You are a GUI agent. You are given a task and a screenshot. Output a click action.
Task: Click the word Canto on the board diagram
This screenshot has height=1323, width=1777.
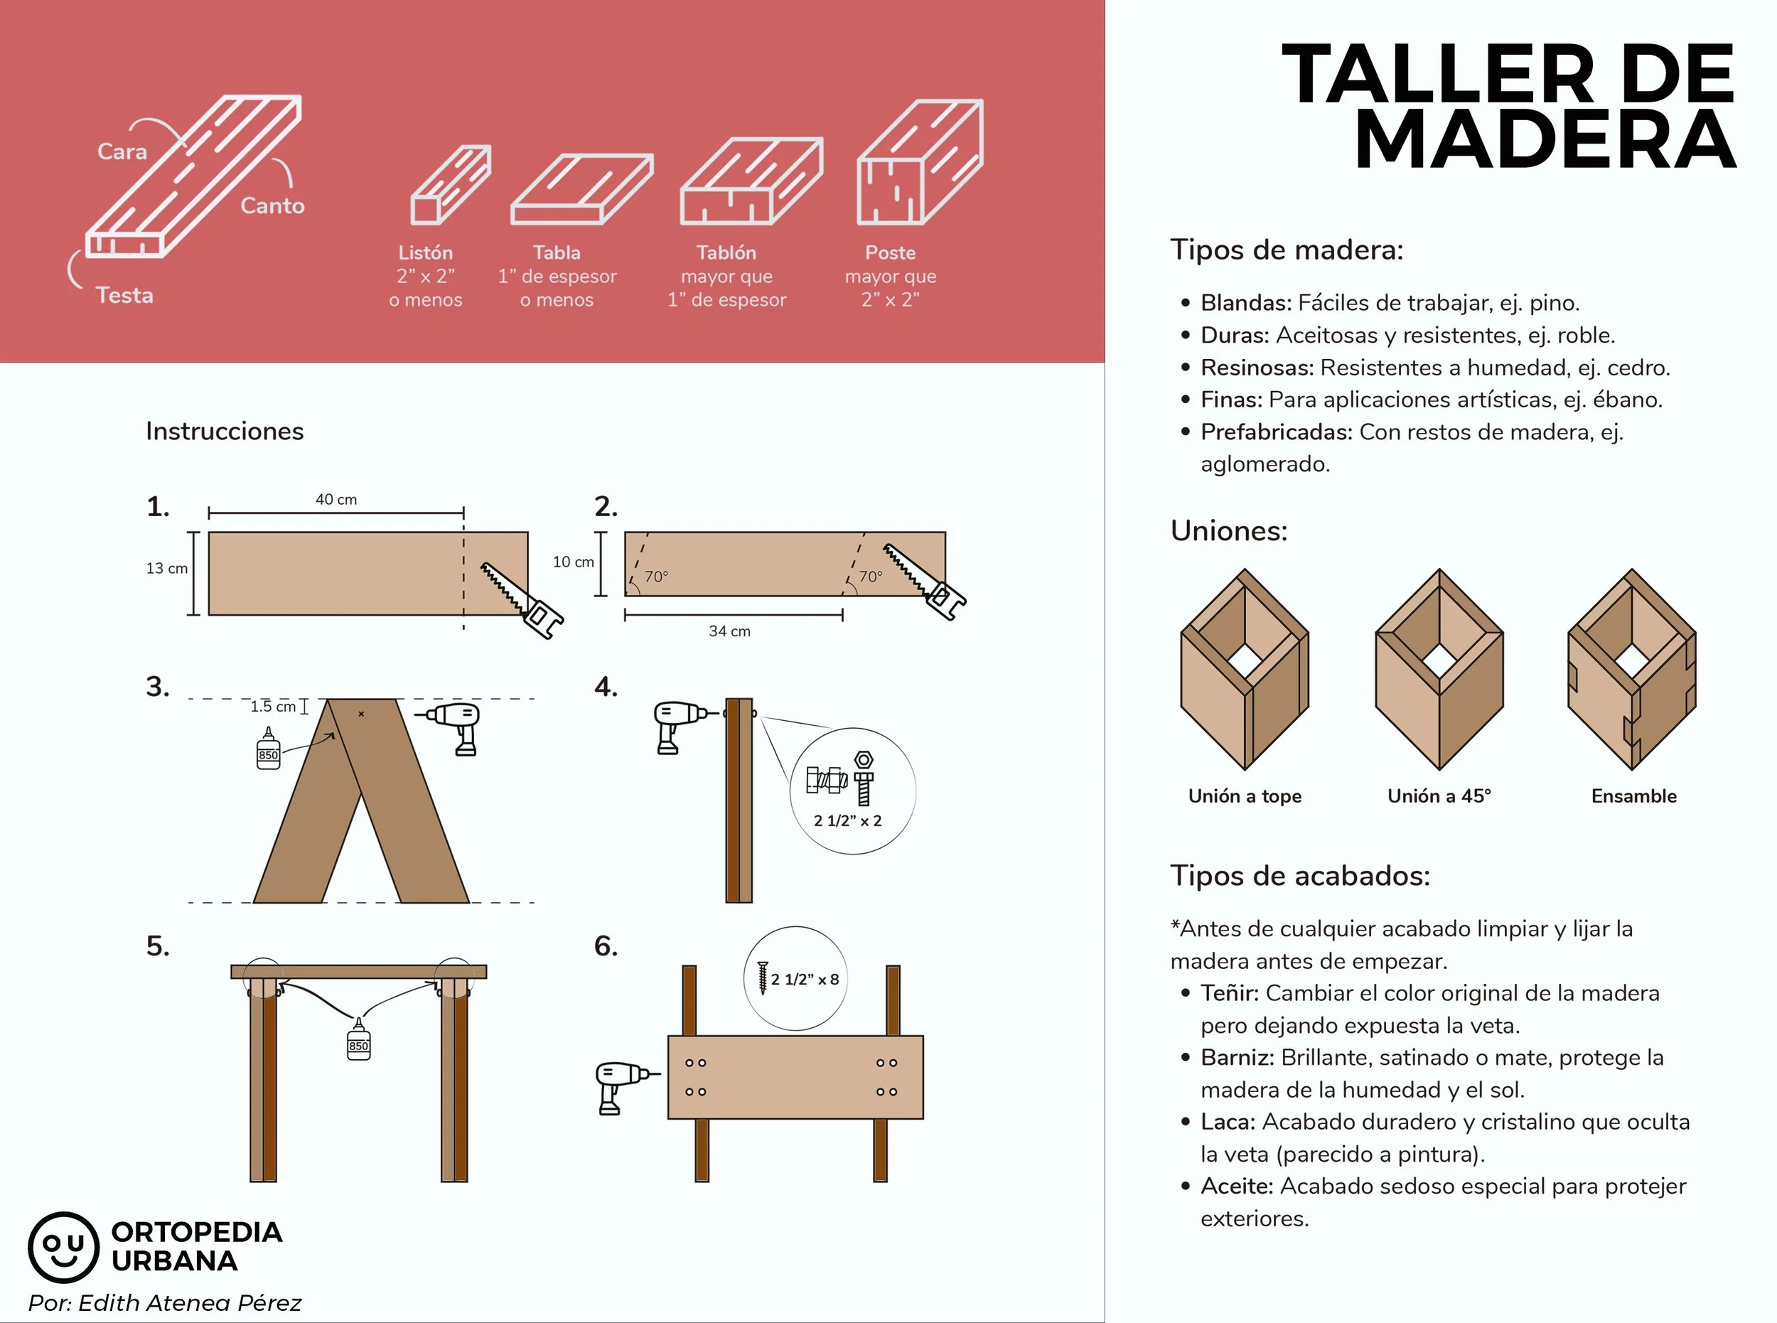[272, 206]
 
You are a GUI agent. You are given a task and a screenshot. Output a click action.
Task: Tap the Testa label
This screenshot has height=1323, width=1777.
[125, 296]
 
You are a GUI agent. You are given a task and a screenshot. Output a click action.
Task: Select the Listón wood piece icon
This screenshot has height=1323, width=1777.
[451, 185]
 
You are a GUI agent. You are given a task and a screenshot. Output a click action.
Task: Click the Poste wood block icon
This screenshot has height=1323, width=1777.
[920, 162]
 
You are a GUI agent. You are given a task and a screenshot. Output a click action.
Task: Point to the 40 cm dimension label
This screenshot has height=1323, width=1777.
[336, 499]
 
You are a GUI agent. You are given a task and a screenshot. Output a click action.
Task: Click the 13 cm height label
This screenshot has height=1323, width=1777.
[166, 568]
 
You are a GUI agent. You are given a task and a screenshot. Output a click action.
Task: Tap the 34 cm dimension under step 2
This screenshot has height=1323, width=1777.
[729, 631]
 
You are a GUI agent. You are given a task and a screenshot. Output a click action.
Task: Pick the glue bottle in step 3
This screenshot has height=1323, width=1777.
[268, 748]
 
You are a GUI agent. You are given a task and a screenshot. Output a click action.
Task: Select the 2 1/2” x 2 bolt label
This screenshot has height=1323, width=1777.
[847, 821]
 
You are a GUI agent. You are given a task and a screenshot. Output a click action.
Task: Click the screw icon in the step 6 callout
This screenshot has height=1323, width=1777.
[763, 977]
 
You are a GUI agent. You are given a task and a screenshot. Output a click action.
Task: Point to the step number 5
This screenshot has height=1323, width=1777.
[158, 946]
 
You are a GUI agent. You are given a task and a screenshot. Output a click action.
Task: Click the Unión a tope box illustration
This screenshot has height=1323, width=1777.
[1245, 670]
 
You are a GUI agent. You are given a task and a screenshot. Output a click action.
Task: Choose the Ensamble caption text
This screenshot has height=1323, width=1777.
[1633, 796]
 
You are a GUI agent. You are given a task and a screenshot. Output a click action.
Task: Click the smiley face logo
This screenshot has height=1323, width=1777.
[63, 1247]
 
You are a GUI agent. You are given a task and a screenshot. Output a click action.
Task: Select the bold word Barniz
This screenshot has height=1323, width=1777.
[1238, 1057]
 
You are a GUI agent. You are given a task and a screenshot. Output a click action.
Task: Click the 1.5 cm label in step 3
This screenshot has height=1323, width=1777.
[273, 707]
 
